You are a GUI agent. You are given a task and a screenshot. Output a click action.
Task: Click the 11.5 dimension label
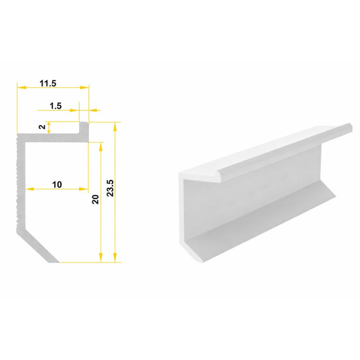point(48,83)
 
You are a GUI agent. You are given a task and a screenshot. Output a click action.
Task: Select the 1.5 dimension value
point(56,106)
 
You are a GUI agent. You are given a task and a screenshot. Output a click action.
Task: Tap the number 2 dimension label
point(42,126)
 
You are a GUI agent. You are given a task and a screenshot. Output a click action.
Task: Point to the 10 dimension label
point(57,185)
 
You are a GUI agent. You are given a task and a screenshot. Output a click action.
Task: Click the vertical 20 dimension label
point(96,199)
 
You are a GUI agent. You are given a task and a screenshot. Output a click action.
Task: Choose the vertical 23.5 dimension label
point(110,188)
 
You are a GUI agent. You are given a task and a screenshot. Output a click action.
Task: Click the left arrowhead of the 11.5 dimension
point(22,88)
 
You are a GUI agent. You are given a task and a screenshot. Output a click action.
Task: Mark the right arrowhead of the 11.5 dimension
point(84,88)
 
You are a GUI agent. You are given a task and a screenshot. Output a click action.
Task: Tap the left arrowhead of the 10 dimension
point(30,189)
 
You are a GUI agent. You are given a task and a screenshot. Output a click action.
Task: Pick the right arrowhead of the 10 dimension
point(84,189)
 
